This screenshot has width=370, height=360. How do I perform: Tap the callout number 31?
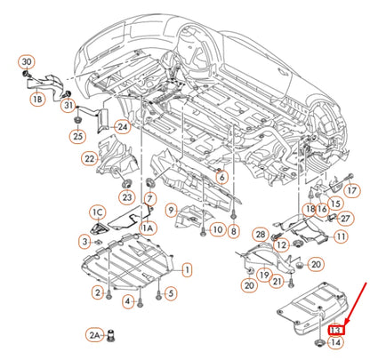point(67,108)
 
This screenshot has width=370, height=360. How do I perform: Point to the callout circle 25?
point(77,136)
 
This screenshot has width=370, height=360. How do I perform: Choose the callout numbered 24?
point(121,127)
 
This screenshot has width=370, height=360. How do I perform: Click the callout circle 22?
point(90,159)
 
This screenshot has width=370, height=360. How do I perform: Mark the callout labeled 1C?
point(98,212)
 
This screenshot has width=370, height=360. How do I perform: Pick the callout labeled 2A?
point(95,335)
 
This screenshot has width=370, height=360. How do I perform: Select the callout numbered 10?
point(217,230)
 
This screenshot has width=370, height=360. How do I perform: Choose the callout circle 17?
point(352,190)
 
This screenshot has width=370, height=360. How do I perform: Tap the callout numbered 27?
point(345,217)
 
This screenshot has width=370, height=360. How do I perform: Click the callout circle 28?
point(261,234)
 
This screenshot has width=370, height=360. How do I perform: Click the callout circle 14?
point(335,341)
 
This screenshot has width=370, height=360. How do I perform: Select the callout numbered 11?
point(341,236)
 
